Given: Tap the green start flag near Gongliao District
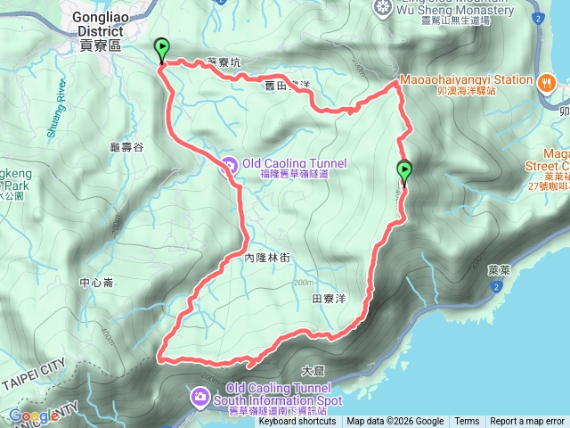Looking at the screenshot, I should point(161,50).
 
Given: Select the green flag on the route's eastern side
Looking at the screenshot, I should point(404,172).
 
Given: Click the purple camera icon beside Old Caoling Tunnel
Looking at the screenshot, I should point(229,163).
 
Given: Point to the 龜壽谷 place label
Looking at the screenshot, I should point(126,146).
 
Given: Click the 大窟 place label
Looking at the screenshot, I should point(313,369).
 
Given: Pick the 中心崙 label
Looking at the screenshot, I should point(96,283).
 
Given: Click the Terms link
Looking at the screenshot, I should point(467,422).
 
